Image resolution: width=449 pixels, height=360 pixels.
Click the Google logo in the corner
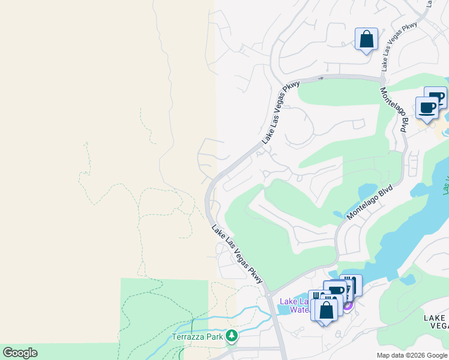[20, 353]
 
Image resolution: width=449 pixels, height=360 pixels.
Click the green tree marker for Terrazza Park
[231, 337]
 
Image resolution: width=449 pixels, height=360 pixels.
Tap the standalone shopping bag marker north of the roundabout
[366, 40]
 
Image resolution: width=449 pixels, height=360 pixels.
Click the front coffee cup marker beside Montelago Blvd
[427, 108]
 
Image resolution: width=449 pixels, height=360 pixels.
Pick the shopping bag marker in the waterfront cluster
[327, 311]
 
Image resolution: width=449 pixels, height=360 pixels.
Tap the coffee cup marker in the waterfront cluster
[336, 292]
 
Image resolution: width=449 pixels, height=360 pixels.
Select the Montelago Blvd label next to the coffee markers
[394, 110]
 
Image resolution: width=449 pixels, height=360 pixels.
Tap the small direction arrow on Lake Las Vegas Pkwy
[321, 78]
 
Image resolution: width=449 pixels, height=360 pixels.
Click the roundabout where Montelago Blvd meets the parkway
[382, 77]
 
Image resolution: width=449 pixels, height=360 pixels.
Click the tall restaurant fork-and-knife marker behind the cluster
[352, 283]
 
